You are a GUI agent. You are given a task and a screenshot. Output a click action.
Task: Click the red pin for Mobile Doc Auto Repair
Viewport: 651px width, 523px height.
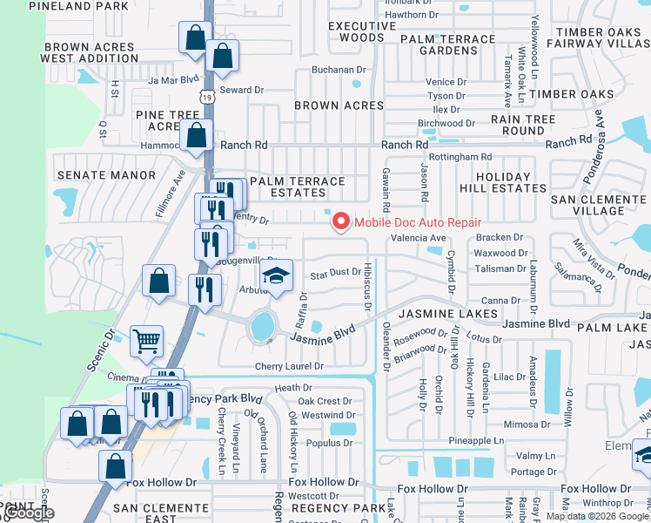[339, 222]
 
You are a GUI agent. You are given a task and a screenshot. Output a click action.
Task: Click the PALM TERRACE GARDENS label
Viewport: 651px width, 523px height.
[446, 44]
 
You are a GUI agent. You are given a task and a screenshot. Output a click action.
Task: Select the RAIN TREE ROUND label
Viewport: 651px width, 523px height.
[523, 125]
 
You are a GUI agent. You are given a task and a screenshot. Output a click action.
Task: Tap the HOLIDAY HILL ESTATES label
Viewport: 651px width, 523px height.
[496, 182]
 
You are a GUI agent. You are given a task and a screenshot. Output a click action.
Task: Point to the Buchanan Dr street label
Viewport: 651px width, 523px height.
[340, 69]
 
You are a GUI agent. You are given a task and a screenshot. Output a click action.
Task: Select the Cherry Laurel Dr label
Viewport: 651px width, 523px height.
[289, 366]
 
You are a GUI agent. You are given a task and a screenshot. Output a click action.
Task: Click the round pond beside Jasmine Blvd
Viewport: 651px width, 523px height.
[261, 326]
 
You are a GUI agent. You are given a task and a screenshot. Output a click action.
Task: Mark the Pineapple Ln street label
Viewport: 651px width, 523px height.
[477, 442]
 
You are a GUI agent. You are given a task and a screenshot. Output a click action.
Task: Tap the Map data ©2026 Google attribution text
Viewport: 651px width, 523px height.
[597, 516]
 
